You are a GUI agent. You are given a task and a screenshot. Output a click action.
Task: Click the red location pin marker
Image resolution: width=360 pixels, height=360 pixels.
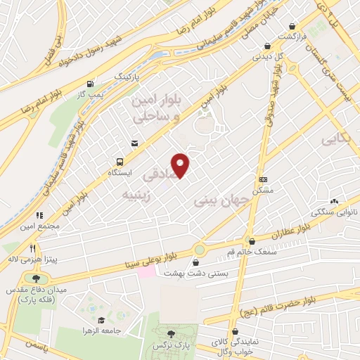tap(181, 165)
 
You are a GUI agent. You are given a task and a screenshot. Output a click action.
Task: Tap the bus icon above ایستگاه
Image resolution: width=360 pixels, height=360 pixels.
tap(118, 162)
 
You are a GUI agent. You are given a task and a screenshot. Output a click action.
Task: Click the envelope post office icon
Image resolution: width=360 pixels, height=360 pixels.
tap(134, 144)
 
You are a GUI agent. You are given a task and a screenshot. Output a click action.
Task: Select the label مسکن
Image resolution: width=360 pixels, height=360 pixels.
tap(263, 191)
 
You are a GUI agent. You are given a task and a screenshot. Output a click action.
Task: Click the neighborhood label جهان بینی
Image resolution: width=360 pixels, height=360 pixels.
tap(221, 200)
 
